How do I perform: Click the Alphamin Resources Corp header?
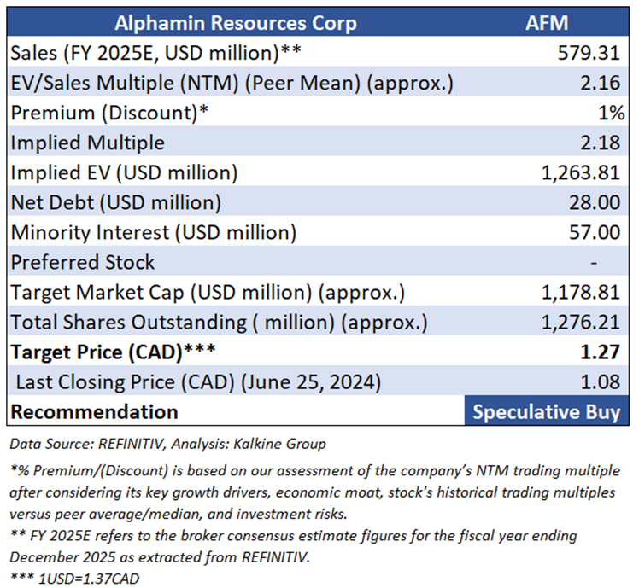(x=236, y=22)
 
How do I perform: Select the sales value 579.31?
(x=588, y=53)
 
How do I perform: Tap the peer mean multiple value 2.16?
(x=601, y=83)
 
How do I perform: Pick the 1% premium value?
(x=607, y=113)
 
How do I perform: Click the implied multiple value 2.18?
(x=601, y=143)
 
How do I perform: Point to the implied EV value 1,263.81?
(x=578, y=172)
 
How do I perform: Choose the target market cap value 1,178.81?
(x=578, y=292)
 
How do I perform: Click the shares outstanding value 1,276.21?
(x=578, y=323)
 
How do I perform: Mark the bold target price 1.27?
(x=601, y=352)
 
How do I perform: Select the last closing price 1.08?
(x=601, y=382)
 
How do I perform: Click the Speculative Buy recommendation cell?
(x=547, y=412)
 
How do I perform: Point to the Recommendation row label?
(x=94, y=412)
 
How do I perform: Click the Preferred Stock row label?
(x=83, y=262)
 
